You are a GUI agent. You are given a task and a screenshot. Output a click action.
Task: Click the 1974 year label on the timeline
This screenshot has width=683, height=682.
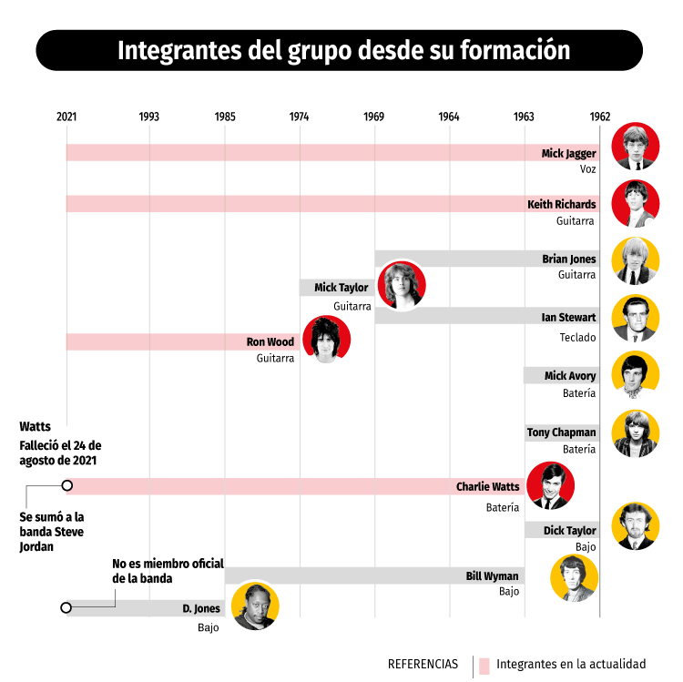click(x=299, y=117)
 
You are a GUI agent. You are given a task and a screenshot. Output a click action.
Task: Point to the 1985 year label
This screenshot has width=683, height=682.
click(x=225, y=117)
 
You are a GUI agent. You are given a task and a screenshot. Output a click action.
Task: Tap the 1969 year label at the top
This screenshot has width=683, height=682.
click(x=373, y=117)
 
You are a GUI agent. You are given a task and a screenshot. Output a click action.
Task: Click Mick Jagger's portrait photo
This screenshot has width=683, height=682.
click(x=636, y=147)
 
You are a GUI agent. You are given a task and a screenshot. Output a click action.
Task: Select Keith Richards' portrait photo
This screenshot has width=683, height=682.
click(x=636, y=203)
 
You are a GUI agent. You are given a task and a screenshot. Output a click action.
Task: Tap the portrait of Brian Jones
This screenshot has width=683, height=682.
click(x=636, y=260)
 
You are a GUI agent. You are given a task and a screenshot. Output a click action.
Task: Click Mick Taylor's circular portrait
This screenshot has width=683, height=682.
click(x=401, y=285)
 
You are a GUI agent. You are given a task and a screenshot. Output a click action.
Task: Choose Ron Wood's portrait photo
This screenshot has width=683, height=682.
click(x=326, y=340)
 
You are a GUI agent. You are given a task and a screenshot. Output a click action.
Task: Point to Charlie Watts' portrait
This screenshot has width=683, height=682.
click(x=551, y=486)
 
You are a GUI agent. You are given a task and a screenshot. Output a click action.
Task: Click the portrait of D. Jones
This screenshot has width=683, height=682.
click(x=255, y=606)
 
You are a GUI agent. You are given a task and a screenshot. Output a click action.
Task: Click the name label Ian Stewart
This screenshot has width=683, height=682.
click(x=568, y=318)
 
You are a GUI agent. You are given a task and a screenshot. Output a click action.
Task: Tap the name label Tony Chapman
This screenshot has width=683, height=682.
click(x=561, y=433)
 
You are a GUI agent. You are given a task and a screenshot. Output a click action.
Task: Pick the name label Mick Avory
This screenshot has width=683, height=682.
click(x=570, y=376)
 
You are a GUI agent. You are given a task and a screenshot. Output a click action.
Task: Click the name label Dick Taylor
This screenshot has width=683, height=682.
click(x=570, y=530)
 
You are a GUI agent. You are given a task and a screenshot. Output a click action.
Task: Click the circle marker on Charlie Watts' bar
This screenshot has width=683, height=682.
click(x=66, y=486)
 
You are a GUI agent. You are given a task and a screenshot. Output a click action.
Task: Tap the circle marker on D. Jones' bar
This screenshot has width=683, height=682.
click(x=66, y=607)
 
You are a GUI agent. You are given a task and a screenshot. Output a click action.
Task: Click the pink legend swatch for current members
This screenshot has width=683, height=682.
click(x=484, y=664)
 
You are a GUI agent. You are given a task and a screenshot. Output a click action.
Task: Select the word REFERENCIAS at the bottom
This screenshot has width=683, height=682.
click(x=423, y=664)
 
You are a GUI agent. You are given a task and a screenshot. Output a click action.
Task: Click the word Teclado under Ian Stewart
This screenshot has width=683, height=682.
click(x=577, y=338)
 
